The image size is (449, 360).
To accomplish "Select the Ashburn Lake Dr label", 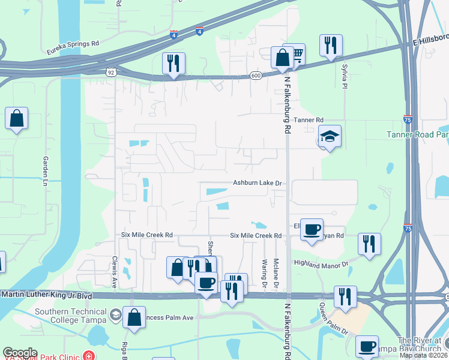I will pyautogui.click(x=258, y=182).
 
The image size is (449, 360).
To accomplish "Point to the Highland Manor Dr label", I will pyautogui.click(x=321, y=263).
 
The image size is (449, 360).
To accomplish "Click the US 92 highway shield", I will pyautogui.click(x=111, y=72).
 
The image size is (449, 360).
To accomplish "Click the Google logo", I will pyautogui.click(x=20, y=353).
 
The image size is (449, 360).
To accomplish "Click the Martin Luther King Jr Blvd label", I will pyautogui.click(x=47, y=295).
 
